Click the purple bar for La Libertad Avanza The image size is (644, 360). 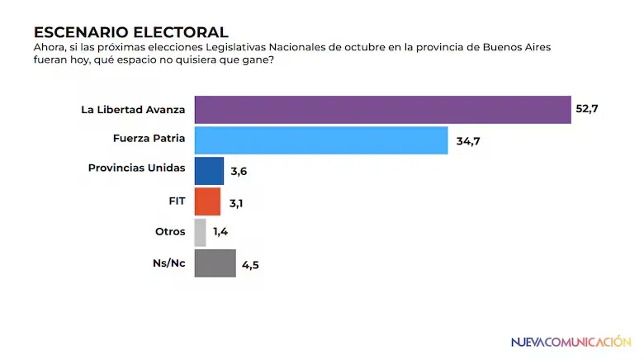(x=382, y=109)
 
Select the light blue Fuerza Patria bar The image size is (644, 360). (x=320, y=140)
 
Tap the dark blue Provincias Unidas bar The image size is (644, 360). (x=208, y=171)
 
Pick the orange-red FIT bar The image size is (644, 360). (x=206, y=201)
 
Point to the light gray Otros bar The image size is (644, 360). (x=199, y=232)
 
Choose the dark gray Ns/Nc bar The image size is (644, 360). (x=214, y=263)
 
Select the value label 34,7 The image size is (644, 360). (x=467, y=141)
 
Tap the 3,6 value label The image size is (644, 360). (x=239, y=172)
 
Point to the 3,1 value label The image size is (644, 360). (x=235, y=202)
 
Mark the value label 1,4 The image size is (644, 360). (x=220, y=233)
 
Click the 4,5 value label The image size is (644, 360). (x=251, y=264)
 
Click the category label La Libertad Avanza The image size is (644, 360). (x=134, y=109)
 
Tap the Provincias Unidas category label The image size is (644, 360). (x=136, y=168)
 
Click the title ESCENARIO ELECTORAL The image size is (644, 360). (x=130, y=32)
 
